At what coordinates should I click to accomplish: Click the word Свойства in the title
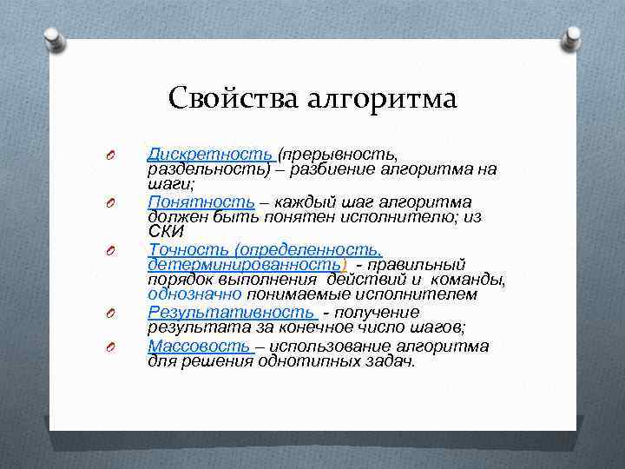coord(234,97)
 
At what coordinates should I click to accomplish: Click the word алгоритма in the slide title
coord(381,99)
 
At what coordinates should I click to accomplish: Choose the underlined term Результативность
coord(230,311)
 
